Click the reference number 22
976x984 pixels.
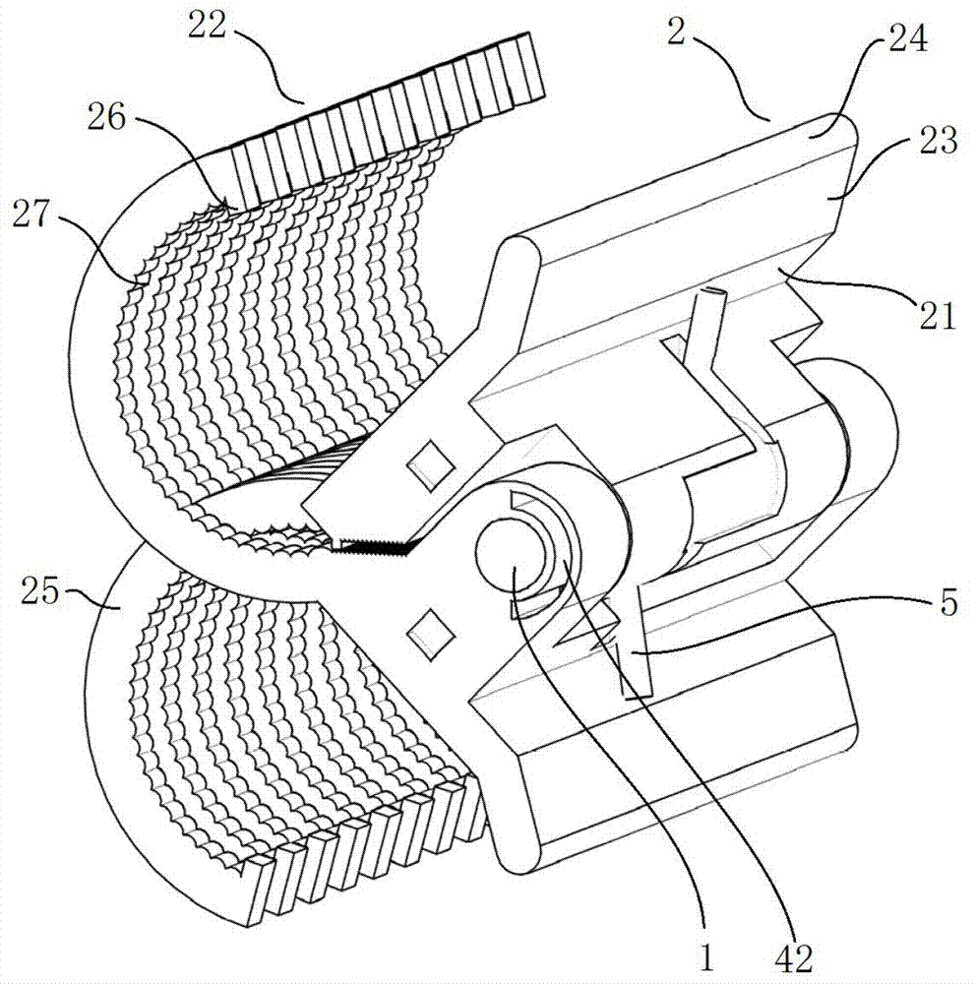[207, 27]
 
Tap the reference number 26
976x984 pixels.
[106, 117]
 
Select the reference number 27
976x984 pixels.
[30, 214]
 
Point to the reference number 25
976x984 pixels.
[40, 591]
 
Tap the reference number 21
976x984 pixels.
[937, 315]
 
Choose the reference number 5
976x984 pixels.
[948, 602]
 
